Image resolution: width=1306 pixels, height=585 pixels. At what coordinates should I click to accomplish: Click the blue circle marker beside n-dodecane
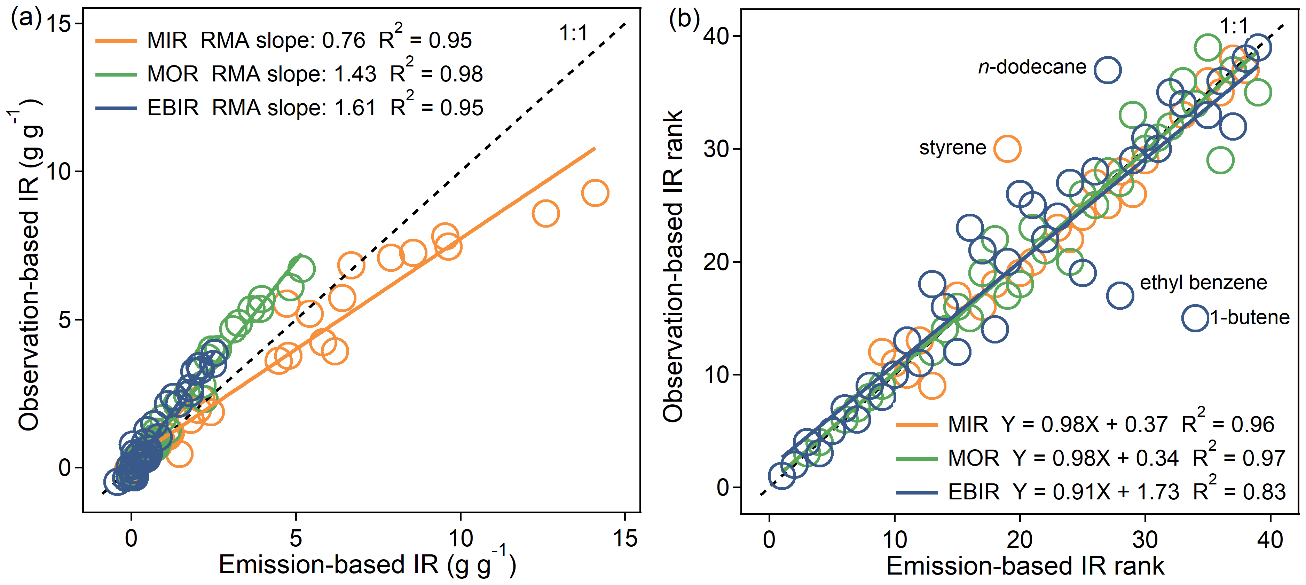coord(1107,70)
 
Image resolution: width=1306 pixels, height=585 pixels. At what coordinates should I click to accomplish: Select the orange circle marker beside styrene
coord(1007,149)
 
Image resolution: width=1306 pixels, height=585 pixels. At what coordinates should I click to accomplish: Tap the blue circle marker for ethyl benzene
coord(1120,295)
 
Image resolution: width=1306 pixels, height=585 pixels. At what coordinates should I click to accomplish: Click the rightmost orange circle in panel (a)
coord(595,193)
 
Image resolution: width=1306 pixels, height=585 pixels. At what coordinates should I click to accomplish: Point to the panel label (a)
coord(26,19)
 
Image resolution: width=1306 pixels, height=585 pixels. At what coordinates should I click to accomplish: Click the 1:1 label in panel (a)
coord(573,33)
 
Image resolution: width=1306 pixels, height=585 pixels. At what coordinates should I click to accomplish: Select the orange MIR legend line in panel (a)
coord(116,41)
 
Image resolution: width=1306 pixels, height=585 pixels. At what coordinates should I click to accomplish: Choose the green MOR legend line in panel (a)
coord(116,74)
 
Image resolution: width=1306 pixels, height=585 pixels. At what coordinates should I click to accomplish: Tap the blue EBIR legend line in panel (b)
coord(916,492)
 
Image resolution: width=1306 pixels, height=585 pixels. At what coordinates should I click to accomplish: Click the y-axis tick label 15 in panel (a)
coord(58,24)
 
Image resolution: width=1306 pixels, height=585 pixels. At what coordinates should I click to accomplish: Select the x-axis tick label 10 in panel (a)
coord(461,538)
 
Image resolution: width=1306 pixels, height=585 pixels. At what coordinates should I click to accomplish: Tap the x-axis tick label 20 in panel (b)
coord(1020,539)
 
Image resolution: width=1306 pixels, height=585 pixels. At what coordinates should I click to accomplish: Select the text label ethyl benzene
coord(1203,282)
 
